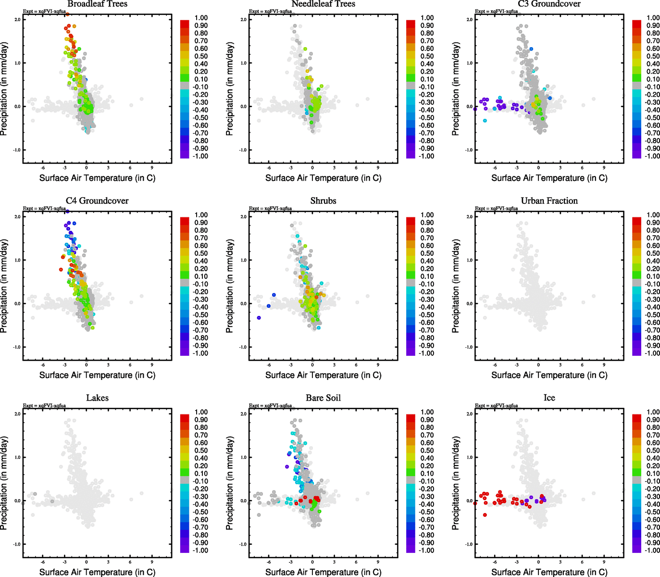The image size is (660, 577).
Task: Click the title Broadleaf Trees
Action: [x=97, y=4]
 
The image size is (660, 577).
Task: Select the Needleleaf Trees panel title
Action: [x=323, y=4]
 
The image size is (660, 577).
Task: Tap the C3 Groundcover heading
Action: [x=549, y=4]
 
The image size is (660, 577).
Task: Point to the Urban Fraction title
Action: [x=549, y=201]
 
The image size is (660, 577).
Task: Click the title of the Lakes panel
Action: [x=97, y=398]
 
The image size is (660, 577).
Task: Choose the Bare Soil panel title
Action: [x=323, y=398]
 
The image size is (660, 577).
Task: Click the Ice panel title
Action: [x=549, y=398]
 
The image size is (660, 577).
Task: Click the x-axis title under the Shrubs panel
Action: [x=323, y=375]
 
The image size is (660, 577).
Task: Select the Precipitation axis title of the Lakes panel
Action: [x=4, y=483]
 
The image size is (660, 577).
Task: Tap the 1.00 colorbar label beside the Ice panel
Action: [x=653, y=412]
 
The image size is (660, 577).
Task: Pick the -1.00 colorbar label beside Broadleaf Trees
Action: [x=201, y=156]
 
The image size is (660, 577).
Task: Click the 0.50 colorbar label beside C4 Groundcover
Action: [x=201, y=253]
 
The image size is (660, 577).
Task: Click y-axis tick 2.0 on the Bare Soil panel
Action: [x=244, y=414]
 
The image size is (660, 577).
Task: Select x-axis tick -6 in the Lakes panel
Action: [x=43, y=562]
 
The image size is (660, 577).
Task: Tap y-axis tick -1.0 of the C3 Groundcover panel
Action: [x=469, y=150]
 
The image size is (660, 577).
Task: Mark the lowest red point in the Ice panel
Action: [x=485, y=515]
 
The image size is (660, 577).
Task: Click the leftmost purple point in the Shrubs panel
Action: [x=259, y=318]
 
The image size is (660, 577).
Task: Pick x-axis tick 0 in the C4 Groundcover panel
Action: [x=87, y=365]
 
